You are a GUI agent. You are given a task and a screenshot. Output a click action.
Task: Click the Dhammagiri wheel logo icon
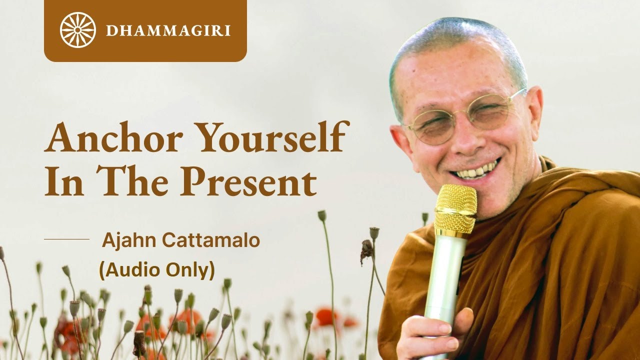pyautogui.click(x=77, y=30)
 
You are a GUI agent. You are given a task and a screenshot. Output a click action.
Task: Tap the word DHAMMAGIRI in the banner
pyautogui.click(x=168, y=30)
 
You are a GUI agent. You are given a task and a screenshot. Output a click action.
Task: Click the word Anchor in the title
pyautogui.click(x=113, y=137)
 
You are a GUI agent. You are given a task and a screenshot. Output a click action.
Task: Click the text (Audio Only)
pyautogui.click(x=157, y=270)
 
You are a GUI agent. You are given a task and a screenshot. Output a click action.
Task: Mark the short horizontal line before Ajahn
pyautogui.click(x=66, y=239)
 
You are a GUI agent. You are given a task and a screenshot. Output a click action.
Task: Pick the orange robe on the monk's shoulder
pyautogui.click(x=590, y=210)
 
